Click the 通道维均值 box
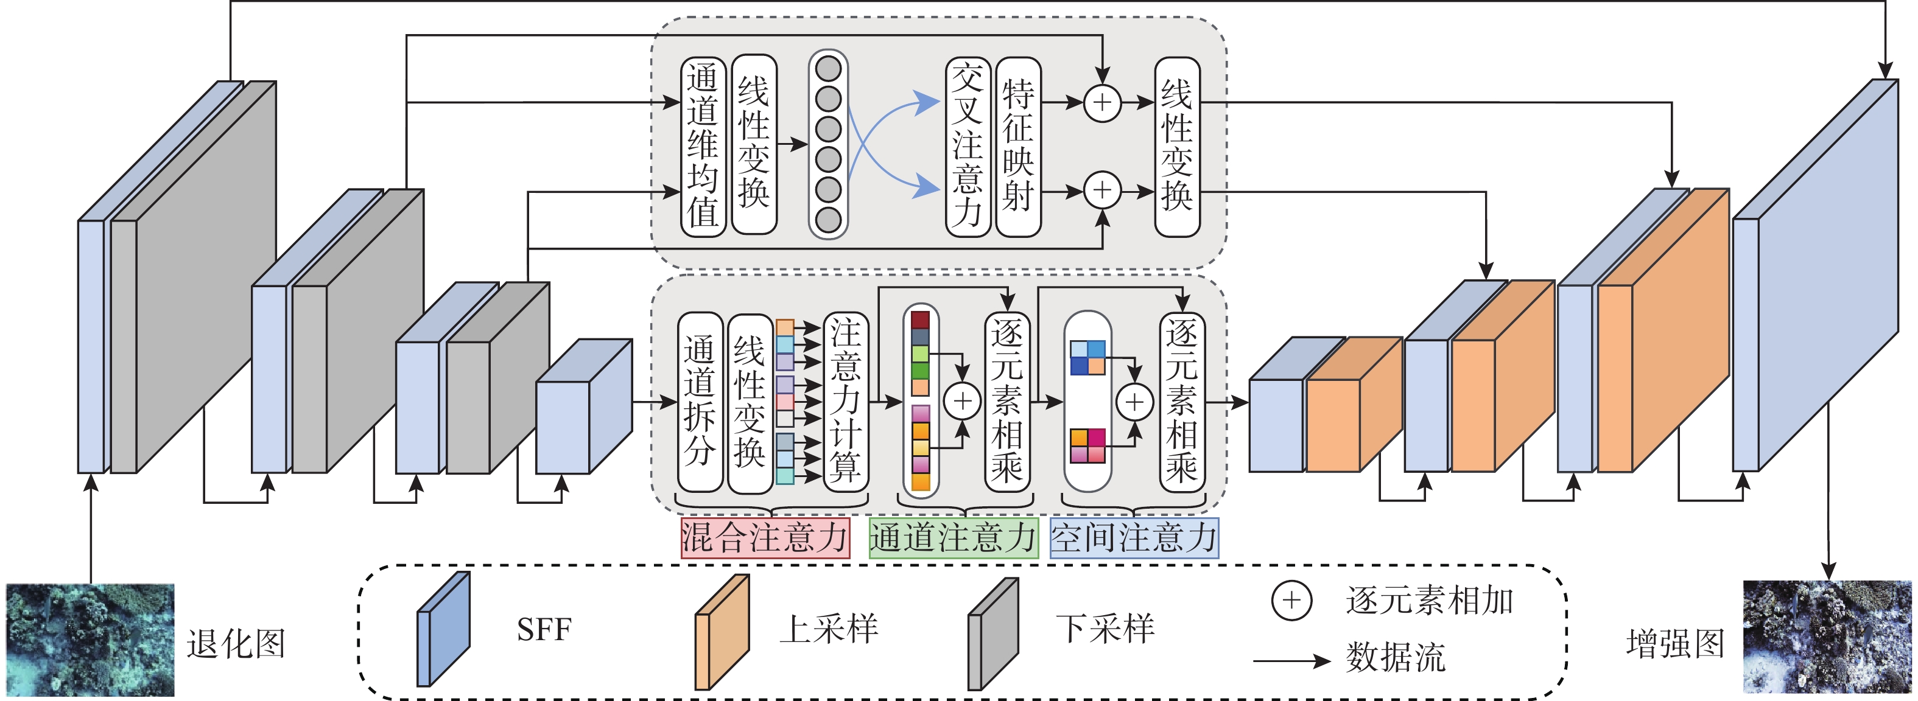click(703, 147)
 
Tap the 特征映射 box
click(1018, 147)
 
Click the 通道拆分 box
click(700, 402)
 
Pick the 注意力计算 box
click(846, 402)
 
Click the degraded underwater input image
click(90, 640)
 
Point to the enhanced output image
click(1827, 637)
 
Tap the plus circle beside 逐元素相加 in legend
click(1291, 601)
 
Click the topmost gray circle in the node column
click(829, 69)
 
